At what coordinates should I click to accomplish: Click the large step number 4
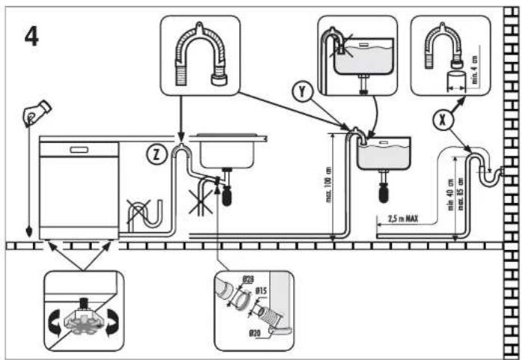[31, 37]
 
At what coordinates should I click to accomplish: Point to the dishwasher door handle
[79, 149]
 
